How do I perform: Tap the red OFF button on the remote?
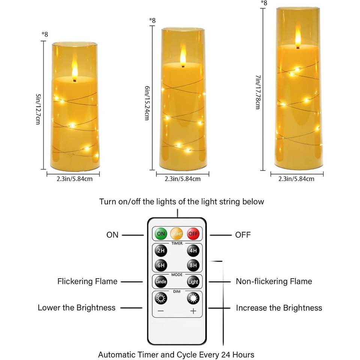193,234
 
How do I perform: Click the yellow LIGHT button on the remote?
177,234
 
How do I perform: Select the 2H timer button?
161,250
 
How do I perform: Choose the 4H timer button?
193,250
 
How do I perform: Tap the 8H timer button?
193,265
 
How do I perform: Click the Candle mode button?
161,281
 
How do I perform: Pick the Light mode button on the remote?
193,281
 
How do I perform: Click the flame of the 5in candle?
75,71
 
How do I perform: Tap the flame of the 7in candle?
298,39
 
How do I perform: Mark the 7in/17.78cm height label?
258,92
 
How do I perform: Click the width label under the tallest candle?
296,179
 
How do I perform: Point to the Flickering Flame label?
87,281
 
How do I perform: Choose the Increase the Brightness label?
279,308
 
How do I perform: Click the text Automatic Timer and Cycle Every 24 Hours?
176,354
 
